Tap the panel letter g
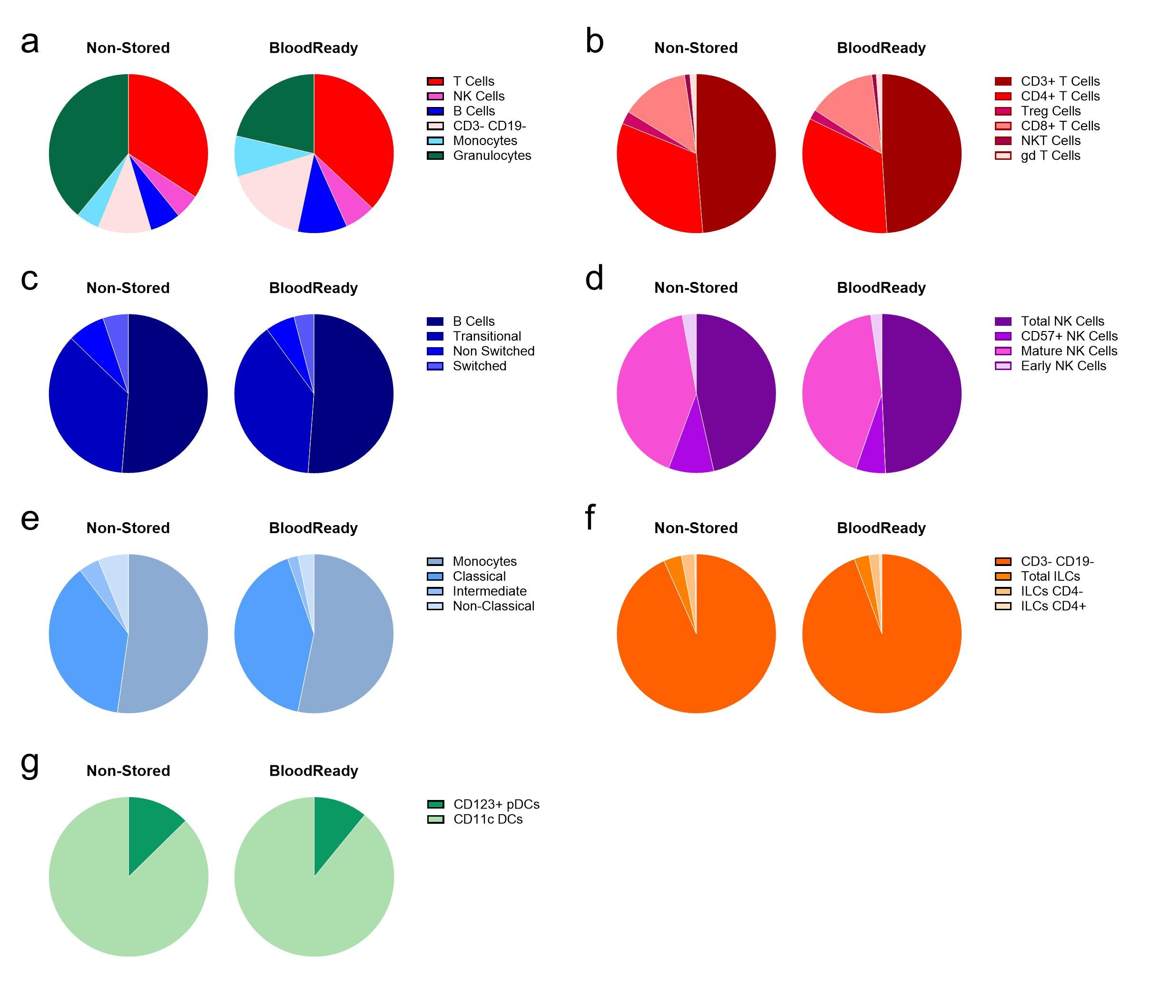click(30, 764)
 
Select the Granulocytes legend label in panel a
click(492, 156)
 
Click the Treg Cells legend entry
click(1050, 111)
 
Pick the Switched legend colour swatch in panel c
click(435, 366)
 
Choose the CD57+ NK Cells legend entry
click(1069, 336)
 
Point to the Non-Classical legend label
click(493, 606)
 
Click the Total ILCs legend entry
click(1050, 576)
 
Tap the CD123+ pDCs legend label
click(496, 804)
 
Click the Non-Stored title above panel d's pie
click(696, 288)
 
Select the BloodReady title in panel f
click(881, 528)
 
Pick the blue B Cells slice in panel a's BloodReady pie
click(322, 211)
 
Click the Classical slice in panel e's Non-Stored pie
click(83, 644)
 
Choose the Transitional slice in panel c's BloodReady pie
click(272, 405)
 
